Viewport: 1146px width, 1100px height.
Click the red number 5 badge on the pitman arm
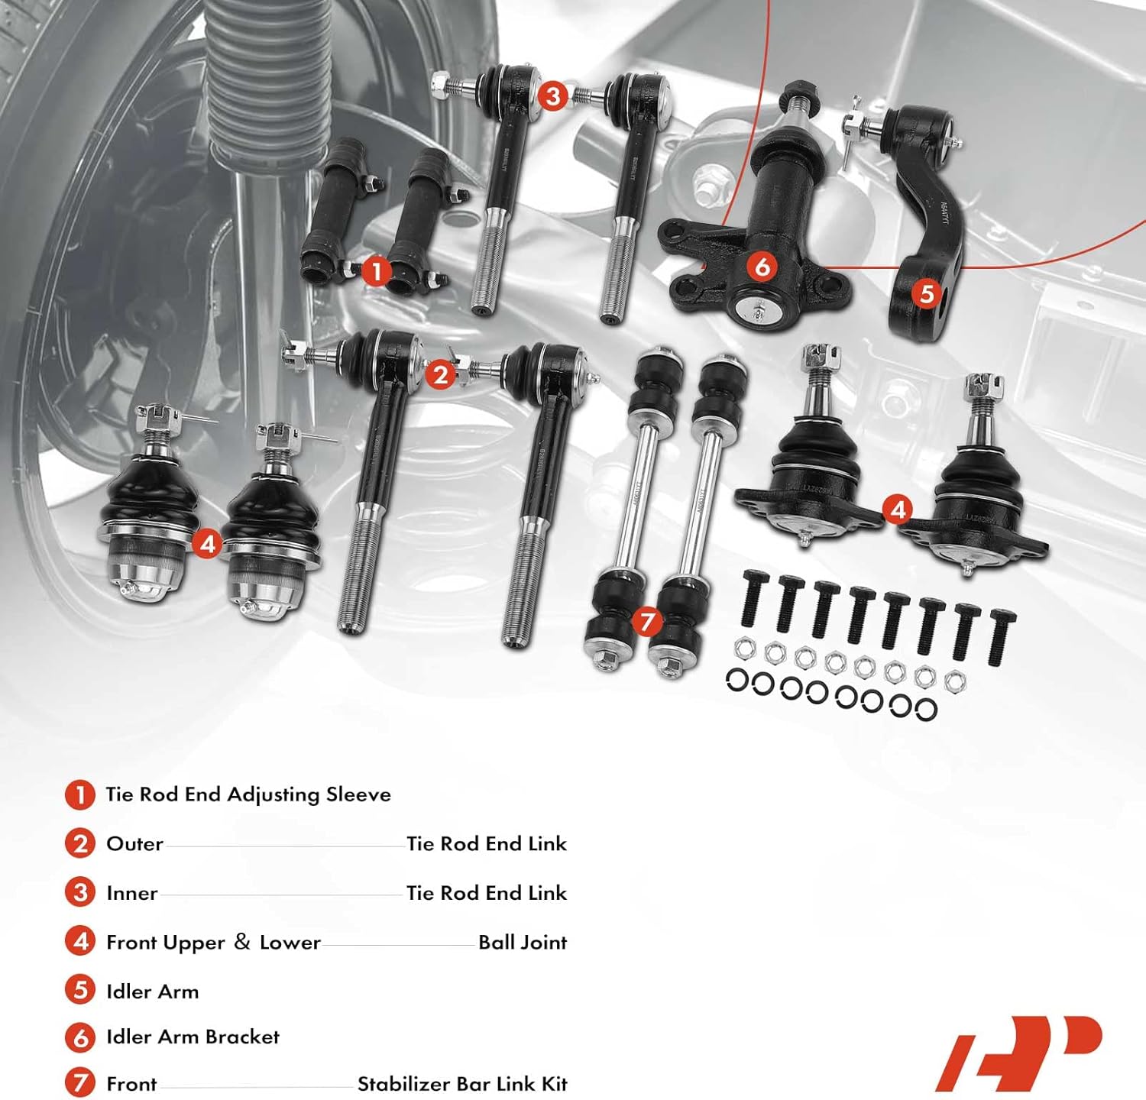click(x=927, y=293)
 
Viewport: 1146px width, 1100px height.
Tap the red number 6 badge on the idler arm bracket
click(x=762, y=266)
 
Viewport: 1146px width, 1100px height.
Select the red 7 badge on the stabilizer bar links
click(x=647, y=621)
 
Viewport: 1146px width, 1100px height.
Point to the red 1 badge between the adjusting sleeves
click(x=375, y=271)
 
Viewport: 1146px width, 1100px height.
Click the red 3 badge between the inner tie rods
click(x=552, y=96)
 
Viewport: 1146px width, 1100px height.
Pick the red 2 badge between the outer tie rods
click(x=440, y=374)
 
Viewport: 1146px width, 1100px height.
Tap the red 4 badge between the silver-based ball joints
click(x=207, y=544)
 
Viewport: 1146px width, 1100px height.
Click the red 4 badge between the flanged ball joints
click(x=898, y=509)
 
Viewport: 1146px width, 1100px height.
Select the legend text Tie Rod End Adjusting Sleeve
click(x=248, y=794)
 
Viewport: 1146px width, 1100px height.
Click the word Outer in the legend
click(x=134, y=844)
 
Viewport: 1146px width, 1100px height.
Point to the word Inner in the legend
click(x=131, y=893)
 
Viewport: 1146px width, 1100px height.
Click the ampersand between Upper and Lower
click(x=242, y=942)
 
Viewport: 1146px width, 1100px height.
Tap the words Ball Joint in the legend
click(x=523, y=943)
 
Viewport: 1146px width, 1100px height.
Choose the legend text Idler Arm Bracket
click(x=193, y=1037)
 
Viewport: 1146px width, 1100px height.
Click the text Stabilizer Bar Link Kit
click(x=462, y=1084)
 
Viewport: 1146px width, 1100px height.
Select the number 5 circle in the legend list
click(x=80, y=990)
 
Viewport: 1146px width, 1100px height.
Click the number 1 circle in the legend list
click(x=80, y=794)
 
